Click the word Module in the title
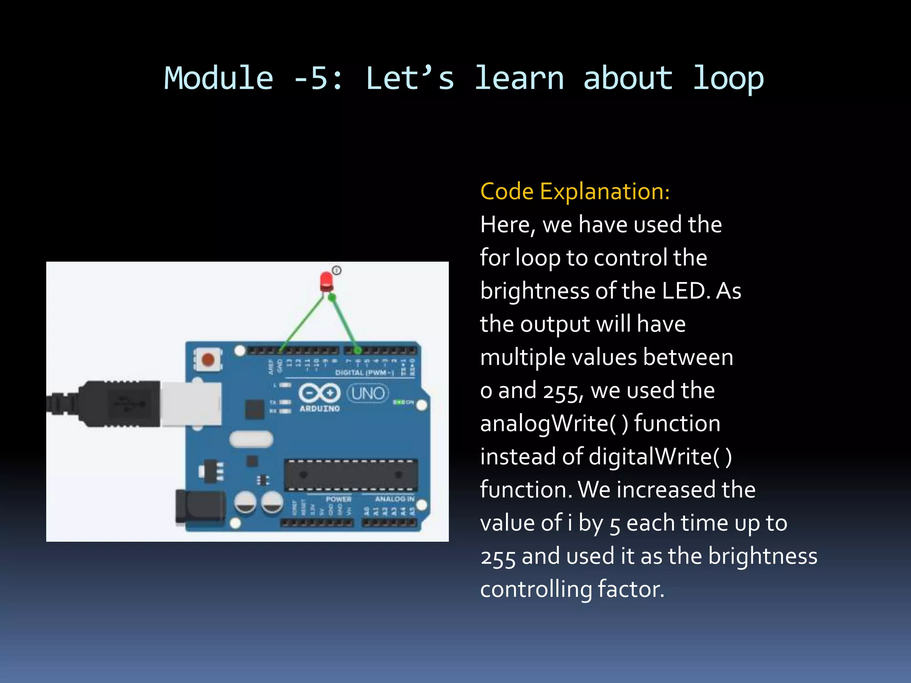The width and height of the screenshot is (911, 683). tap(218, 78)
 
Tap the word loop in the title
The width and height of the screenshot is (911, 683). tap(728, 78)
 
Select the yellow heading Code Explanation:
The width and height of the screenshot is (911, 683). tap(575, 192)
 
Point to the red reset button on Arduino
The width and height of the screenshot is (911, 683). tap(208, 359)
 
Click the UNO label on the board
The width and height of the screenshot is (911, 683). tap(367, 393)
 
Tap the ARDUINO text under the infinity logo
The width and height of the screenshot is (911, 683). tap(319, 409)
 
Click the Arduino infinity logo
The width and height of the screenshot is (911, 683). tap(319, 393)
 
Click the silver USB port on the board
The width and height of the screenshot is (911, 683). tap(191, 404)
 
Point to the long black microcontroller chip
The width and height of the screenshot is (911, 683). tap(351, 475)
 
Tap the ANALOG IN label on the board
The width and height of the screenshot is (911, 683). tap(394, 499)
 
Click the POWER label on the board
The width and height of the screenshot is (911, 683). tap(339, 499)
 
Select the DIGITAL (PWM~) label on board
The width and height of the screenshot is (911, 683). tap(364, 373)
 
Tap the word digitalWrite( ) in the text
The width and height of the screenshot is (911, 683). tap(660, 457)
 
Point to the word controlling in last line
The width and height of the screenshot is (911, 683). tap(536, 589)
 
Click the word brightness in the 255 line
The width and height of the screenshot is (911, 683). tap(762, 556)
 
